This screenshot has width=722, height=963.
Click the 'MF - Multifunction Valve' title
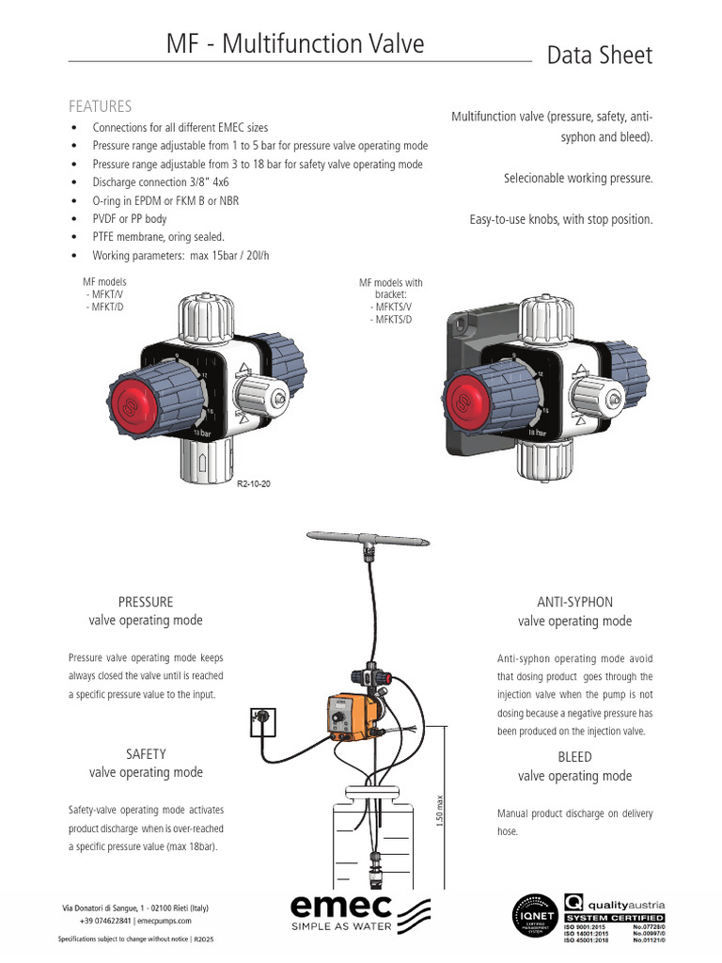pos(295,44)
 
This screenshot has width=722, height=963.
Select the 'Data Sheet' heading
pos(599,55)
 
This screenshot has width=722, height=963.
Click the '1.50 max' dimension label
pos(440,811)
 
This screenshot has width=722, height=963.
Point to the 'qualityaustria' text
pos(625,904)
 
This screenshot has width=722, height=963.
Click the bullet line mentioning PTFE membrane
pos(158,237)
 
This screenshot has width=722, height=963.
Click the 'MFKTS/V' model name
pos(392,307)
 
